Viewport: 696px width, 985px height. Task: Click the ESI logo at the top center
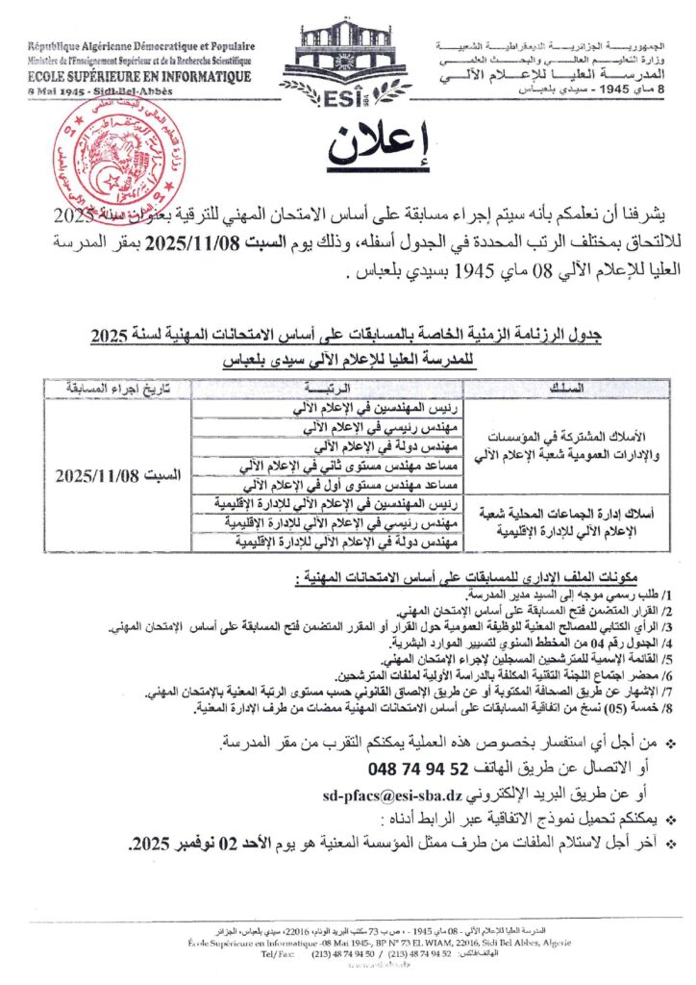(x=347, y=58)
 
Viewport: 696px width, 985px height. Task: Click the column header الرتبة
(x=328, y=389)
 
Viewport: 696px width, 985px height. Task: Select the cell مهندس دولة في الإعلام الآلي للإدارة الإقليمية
(x=329, y=543)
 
